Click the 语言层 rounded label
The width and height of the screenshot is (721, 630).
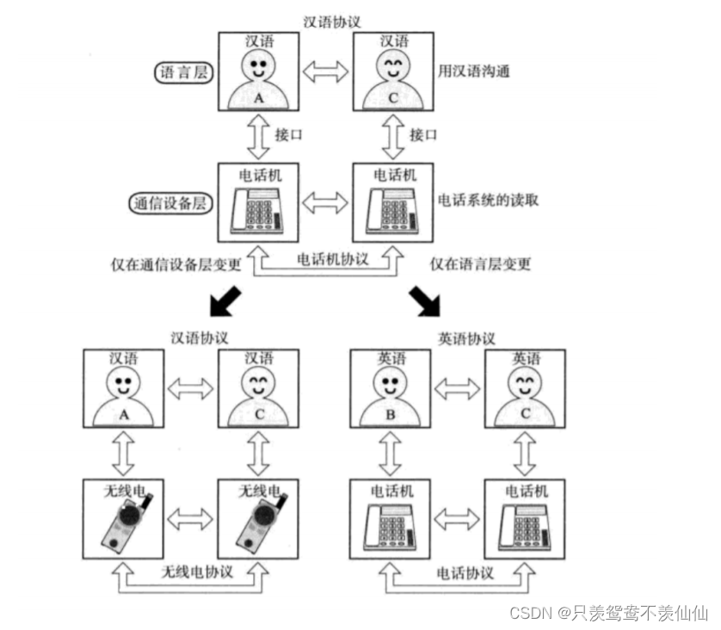183,72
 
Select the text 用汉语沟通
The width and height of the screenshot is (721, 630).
472,71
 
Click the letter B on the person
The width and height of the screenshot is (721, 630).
390,413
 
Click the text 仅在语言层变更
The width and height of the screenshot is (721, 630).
480,263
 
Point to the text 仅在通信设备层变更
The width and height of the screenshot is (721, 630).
176,262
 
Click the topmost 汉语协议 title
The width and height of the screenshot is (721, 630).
332,19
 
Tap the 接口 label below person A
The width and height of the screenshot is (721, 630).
287,135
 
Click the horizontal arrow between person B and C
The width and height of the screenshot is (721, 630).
458,389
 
